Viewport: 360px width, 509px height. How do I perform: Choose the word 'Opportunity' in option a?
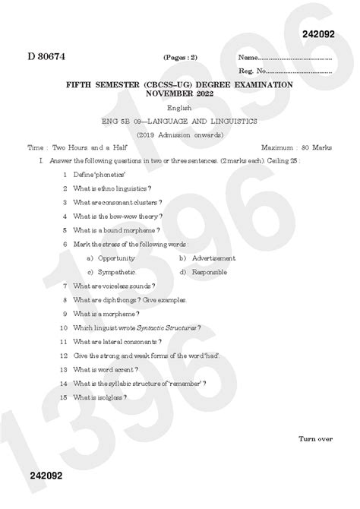(116, 258)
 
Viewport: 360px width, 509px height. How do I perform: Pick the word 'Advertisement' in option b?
(213, 258)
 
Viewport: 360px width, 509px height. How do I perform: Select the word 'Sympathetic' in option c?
(116, 271)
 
